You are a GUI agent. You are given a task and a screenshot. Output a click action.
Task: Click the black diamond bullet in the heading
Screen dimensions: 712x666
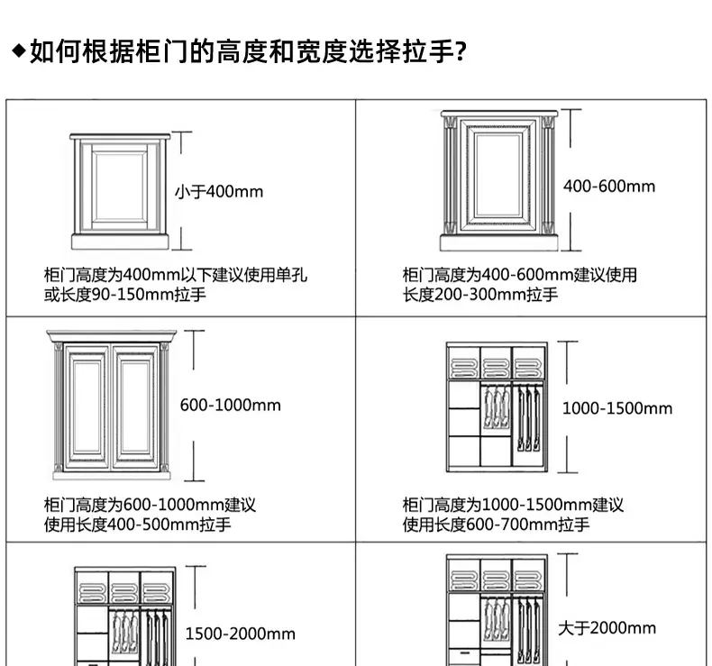point(19,50)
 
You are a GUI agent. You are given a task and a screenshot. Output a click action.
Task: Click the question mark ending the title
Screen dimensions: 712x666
point(460,51)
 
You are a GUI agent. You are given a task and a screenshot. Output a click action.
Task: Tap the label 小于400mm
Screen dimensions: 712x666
point(219,192)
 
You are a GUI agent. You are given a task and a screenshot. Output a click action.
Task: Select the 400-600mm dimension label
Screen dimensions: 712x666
point(609,187)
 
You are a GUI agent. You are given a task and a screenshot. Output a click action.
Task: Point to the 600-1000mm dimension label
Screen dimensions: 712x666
point(230,405)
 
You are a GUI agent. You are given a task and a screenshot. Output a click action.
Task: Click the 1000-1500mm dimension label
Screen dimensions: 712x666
point(617,408)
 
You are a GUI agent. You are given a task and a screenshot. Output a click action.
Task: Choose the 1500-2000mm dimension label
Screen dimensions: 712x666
point(241,634)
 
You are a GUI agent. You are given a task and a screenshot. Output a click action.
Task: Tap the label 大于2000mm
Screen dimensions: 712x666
point(607,628)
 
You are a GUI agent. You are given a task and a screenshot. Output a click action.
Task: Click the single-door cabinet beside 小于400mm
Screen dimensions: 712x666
point(120,191)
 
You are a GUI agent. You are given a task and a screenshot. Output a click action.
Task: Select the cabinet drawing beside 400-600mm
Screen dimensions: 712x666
point(499,180)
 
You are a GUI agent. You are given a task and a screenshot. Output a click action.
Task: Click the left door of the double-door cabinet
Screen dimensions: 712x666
point(87,407)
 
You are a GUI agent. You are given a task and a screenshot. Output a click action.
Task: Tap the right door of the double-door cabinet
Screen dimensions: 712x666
point(135,407)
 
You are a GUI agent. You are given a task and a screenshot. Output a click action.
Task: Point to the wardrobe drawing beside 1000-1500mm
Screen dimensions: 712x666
point(497,407)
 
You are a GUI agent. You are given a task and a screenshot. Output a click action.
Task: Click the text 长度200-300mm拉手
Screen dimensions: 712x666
point(480,295)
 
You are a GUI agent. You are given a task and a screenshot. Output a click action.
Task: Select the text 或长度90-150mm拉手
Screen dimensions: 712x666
point(125,295)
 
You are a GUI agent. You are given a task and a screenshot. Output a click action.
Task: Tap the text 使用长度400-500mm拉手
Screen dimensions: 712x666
point(138,525)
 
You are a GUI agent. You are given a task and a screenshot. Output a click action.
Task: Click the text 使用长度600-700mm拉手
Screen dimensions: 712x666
point(496,525)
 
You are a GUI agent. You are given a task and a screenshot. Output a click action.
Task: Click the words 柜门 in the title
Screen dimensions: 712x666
point(161,51)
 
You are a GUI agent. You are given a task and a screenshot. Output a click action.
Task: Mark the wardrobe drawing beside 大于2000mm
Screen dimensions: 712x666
point(497,610)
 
